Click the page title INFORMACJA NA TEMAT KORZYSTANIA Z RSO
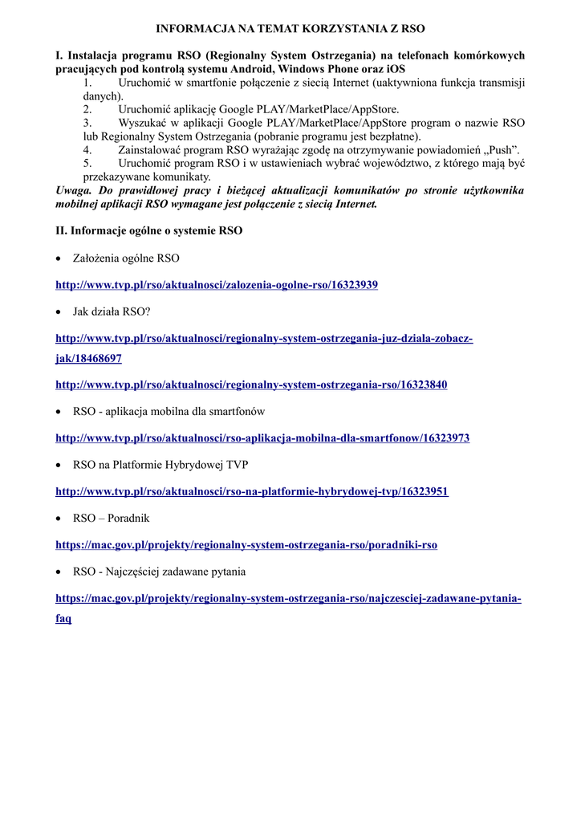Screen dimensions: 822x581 pyautogui.click(x=290, y=28)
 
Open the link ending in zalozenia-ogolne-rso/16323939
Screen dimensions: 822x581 pyautogui.click(x=216, y=285)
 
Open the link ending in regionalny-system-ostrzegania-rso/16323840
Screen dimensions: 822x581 pyautogui.click(x=250, y=385)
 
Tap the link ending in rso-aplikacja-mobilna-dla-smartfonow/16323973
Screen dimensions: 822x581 pyautogui.click(x=262, y=438)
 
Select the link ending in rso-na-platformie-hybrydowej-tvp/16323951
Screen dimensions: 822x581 pyautogui.click(x=251, y=491)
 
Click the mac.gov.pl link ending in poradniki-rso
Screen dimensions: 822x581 pyautogui.click(x=246, y=545)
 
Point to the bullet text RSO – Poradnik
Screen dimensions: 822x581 pyautogui.click(x=111, y=519)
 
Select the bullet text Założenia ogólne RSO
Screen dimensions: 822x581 pyautogui.click(x=126, y=258)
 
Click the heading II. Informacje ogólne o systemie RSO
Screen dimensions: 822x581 pyautogui.click(x=148, y=230)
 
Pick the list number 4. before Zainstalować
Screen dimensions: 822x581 pyautogui.click(x=87, y=150)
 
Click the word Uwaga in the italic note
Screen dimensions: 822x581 pyautogui.click(x=73, y=191)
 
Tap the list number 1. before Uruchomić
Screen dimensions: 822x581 pyautogui.click(x=87, y=82)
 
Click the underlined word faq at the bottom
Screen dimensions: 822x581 pyautogui.click(x=63, y=619)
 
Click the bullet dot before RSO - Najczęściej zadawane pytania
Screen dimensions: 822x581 pyautogui.click(x=59, y=572)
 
